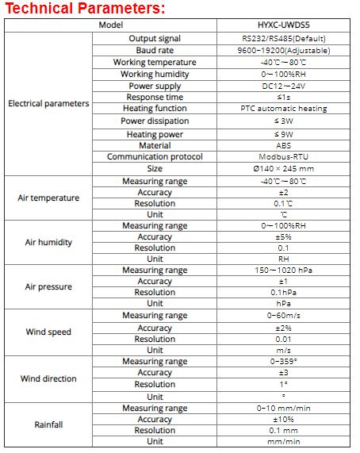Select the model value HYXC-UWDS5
[283, 25]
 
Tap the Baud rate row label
[155, 50]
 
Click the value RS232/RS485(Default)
[283, 38]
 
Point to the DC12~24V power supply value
[283, 86]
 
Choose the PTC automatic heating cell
[283, 108]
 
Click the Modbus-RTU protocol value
[283, 157]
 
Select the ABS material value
[283, 145]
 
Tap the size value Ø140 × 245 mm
[283, 169]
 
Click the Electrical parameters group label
[48, 103]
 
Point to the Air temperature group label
[48, 198]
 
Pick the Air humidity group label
[48, 242]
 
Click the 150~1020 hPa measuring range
[283, 271]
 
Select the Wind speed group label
[48, 332]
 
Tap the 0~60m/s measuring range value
[283, 316]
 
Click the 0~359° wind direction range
[283, 362]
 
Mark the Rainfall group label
[48, 424]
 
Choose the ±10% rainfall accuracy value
[283, 419]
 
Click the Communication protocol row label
[155, 157]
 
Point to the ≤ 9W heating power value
[283, 134]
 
